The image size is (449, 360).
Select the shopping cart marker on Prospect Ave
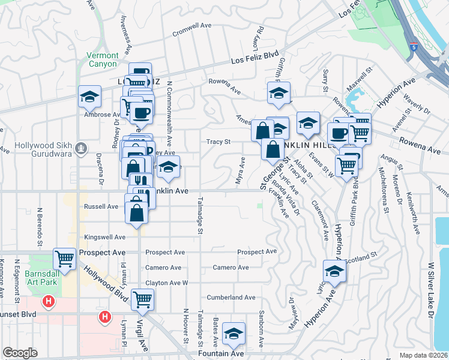tap(64, 259)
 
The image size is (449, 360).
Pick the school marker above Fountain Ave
tap(234, 334)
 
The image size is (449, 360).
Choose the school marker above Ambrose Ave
tap(89, 96)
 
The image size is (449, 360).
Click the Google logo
tap(20, 353)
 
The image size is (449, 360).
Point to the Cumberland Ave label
tap(231, 297)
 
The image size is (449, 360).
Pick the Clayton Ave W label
tap(167, 283)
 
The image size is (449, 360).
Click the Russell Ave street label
tap(101, 206)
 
